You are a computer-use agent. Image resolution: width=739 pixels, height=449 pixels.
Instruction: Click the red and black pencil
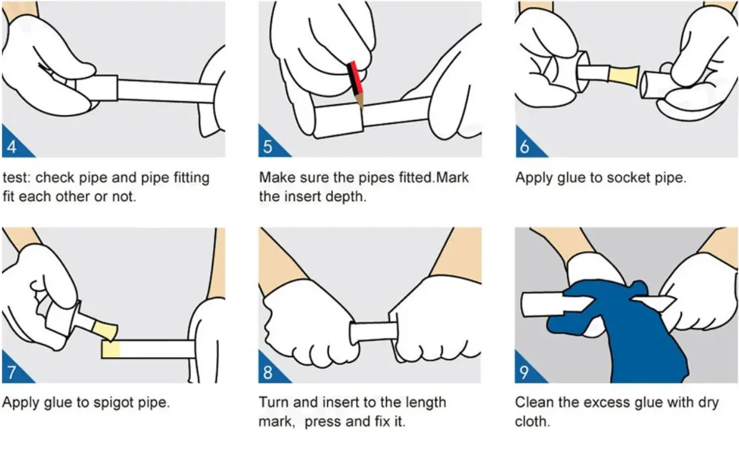click(x=356, y=83)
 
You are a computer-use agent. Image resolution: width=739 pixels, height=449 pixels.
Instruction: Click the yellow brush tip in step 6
click(x=623, y=76)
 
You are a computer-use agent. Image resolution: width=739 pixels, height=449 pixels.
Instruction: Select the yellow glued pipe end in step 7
click(x=111, y=349)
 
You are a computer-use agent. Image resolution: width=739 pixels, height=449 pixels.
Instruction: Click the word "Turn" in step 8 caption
click(x=274, y=402)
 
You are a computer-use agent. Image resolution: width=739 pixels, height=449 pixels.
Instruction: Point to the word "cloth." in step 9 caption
click(x=533, y=421)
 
